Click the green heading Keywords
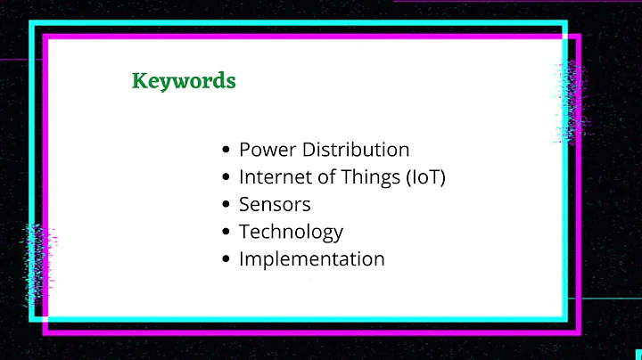(184, 81)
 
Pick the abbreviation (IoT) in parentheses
(424, 177)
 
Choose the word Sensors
(275, 204)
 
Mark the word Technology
(291, 232)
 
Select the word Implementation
(311, 259)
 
